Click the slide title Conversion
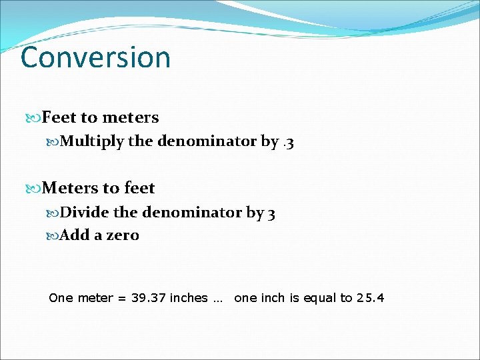(95, 57)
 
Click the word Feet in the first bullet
(59, 118)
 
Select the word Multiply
(91, 141)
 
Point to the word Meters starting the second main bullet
(70, 189)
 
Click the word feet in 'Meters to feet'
(139, 189)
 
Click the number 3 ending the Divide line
(271, 213)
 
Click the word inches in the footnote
(189, 298)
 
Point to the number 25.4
(371, 298)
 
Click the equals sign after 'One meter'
(121, 299)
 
